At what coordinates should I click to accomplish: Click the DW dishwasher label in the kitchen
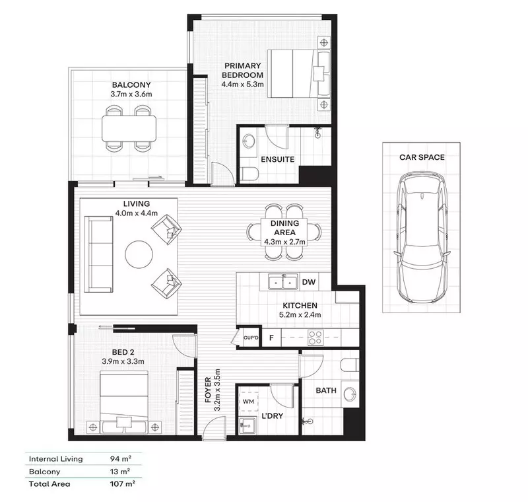pos(308,282)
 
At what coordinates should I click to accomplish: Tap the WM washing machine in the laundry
pos(249,402)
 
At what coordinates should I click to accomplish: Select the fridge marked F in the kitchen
pos(271,338)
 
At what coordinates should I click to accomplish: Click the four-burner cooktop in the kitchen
pos(315,338)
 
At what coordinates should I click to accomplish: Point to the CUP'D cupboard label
pos(251,338)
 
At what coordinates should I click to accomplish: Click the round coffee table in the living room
pos(139,254)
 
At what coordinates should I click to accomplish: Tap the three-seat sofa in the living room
pos(98,254)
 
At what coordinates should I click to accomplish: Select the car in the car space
pos(422,238)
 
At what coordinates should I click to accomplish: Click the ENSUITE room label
pos(277,159)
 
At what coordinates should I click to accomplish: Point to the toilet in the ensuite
pos(249,174)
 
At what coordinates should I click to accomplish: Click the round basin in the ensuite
pos(249,141)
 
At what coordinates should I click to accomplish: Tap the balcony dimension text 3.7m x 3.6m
pos(131,94)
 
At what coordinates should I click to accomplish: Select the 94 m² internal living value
pos(121,458)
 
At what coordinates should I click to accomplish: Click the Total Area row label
pos(49,484)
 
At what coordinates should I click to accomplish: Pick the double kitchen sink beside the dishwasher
pos(283,283)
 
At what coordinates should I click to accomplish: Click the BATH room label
pos(326,390)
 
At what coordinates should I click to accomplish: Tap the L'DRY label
pos(272,416)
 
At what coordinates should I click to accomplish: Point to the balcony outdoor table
pos(129,128)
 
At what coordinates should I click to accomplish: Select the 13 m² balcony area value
pos(120,472)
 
